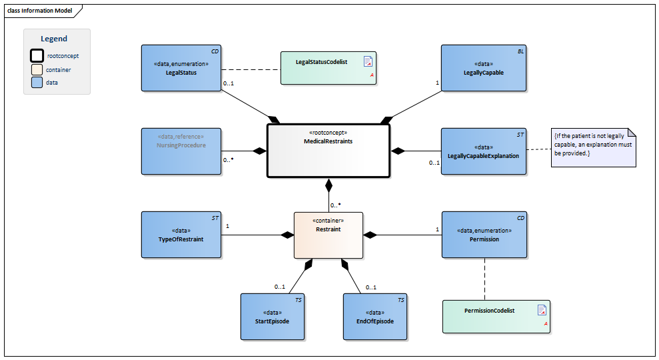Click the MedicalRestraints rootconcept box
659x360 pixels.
328,151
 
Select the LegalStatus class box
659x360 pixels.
181,68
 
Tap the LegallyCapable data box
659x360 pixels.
483,68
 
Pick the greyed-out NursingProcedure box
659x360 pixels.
181,151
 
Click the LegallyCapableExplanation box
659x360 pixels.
483,151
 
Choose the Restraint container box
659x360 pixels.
329,235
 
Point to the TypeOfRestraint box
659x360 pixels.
181,235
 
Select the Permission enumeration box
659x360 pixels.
484,235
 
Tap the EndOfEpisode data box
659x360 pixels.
374,317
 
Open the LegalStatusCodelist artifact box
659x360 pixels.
328,68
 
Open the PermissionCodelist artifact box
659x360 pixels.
496,316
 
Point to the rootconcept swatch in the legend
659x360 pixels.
37,56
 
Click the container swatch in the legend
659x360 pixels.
37,69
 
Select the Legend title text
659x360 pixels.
54,39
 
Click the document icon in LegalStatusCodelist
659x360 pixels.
367,62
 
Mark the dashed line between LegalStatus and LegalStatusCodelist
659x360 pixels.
250,69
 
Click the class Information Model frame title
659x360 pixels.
39,11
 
